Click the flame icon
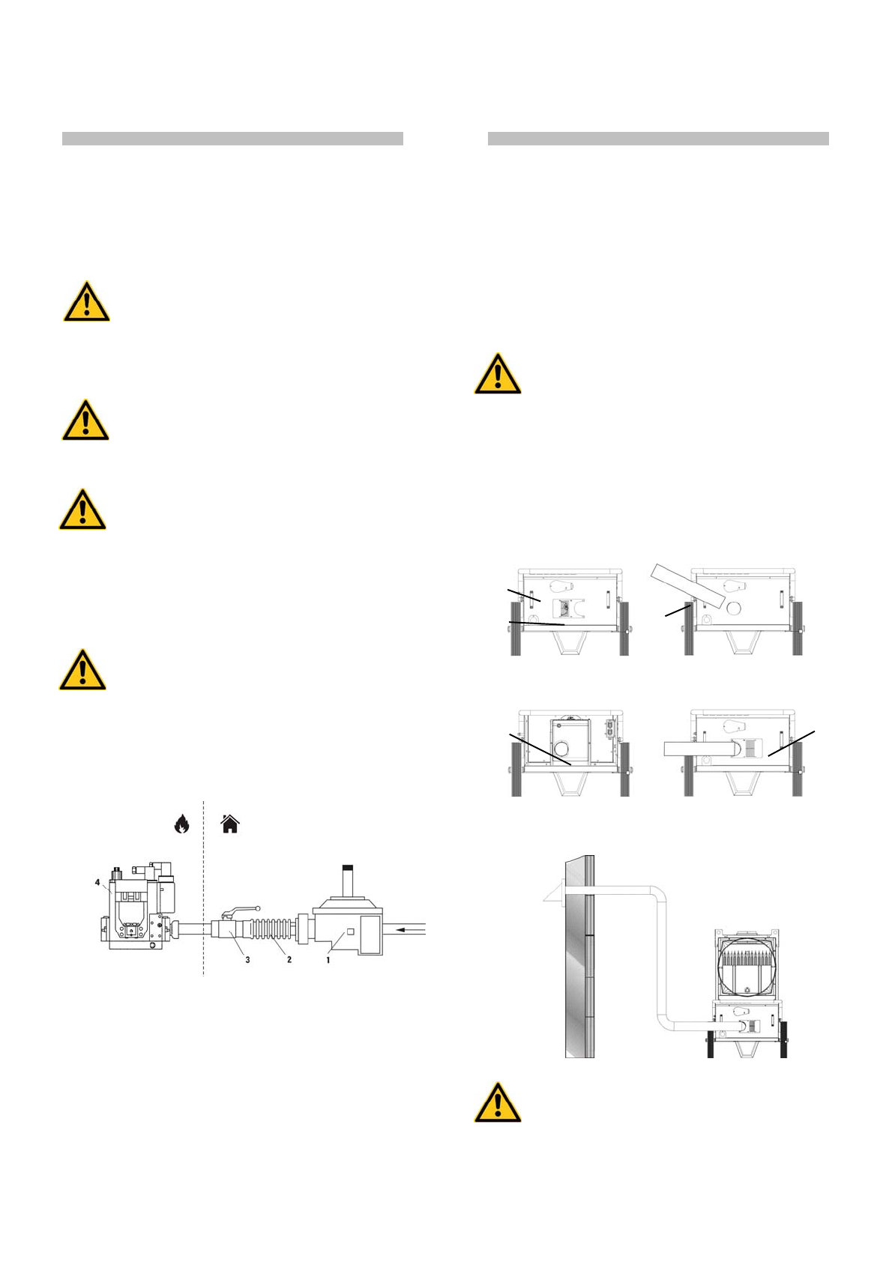coord(181,824)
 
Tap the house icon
coord(230,824)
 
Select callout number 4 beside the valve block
coord(97,882)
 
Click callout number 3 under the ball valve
coord(247,960)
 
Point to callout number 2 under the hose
coord(289,960)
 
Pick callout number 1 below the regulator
coord(328,960)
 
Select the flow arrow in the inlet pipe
coord(412,930)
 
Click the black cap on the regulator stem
coord(347,868)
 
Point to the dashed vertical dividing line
coord(204,884)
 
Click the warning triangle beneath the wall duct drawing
coord(498,1102)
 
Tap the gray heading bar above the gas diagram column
coord(232,139)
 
